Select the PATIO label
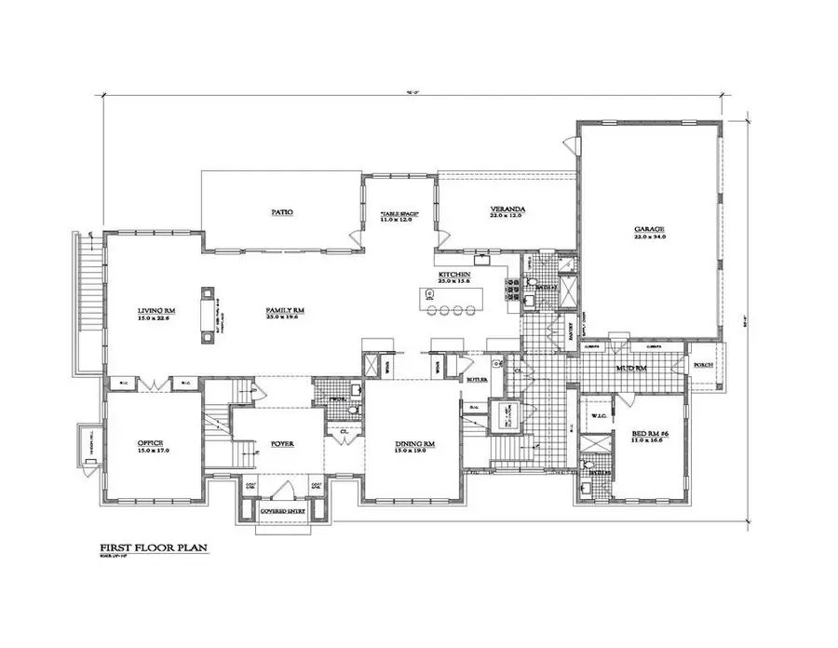click(283, 212)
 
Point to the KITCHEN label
click(454, 276)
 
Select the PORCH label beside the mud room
click(703, 365)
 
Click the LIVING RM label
click(157, 309)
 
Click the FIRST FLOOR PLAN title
click(153, 548)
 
